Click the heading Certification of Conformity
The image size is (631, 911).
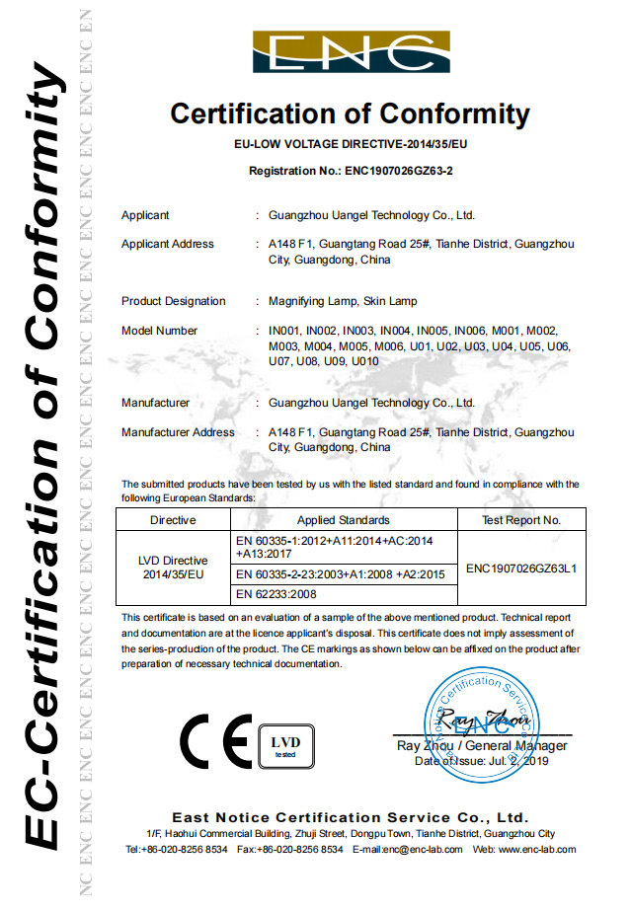[350, 114]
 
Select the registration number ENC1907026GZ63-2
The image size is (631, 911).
[399, 171]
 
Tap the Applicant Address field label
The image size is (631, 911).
[167, 244]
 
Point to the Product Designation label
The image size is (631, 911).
[173, 301]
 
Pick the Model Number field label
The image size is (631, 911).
[159, 331]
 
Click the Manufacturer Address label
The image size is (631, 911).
[178, 432]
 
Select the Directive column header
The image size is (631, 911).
[173, 519]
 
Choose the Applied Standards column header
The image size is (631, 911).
[343, 519]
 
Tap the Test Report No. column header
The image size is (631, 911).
[521, 519]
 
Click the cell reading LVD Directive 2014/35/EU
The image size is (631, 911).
[173, 567]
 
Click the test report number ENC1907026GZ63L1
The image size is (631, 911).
[521, 568]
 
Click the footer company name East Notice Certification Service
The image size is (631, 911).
[350, 818]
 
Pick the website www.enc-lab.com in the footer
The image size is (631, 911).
[537, 849]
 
